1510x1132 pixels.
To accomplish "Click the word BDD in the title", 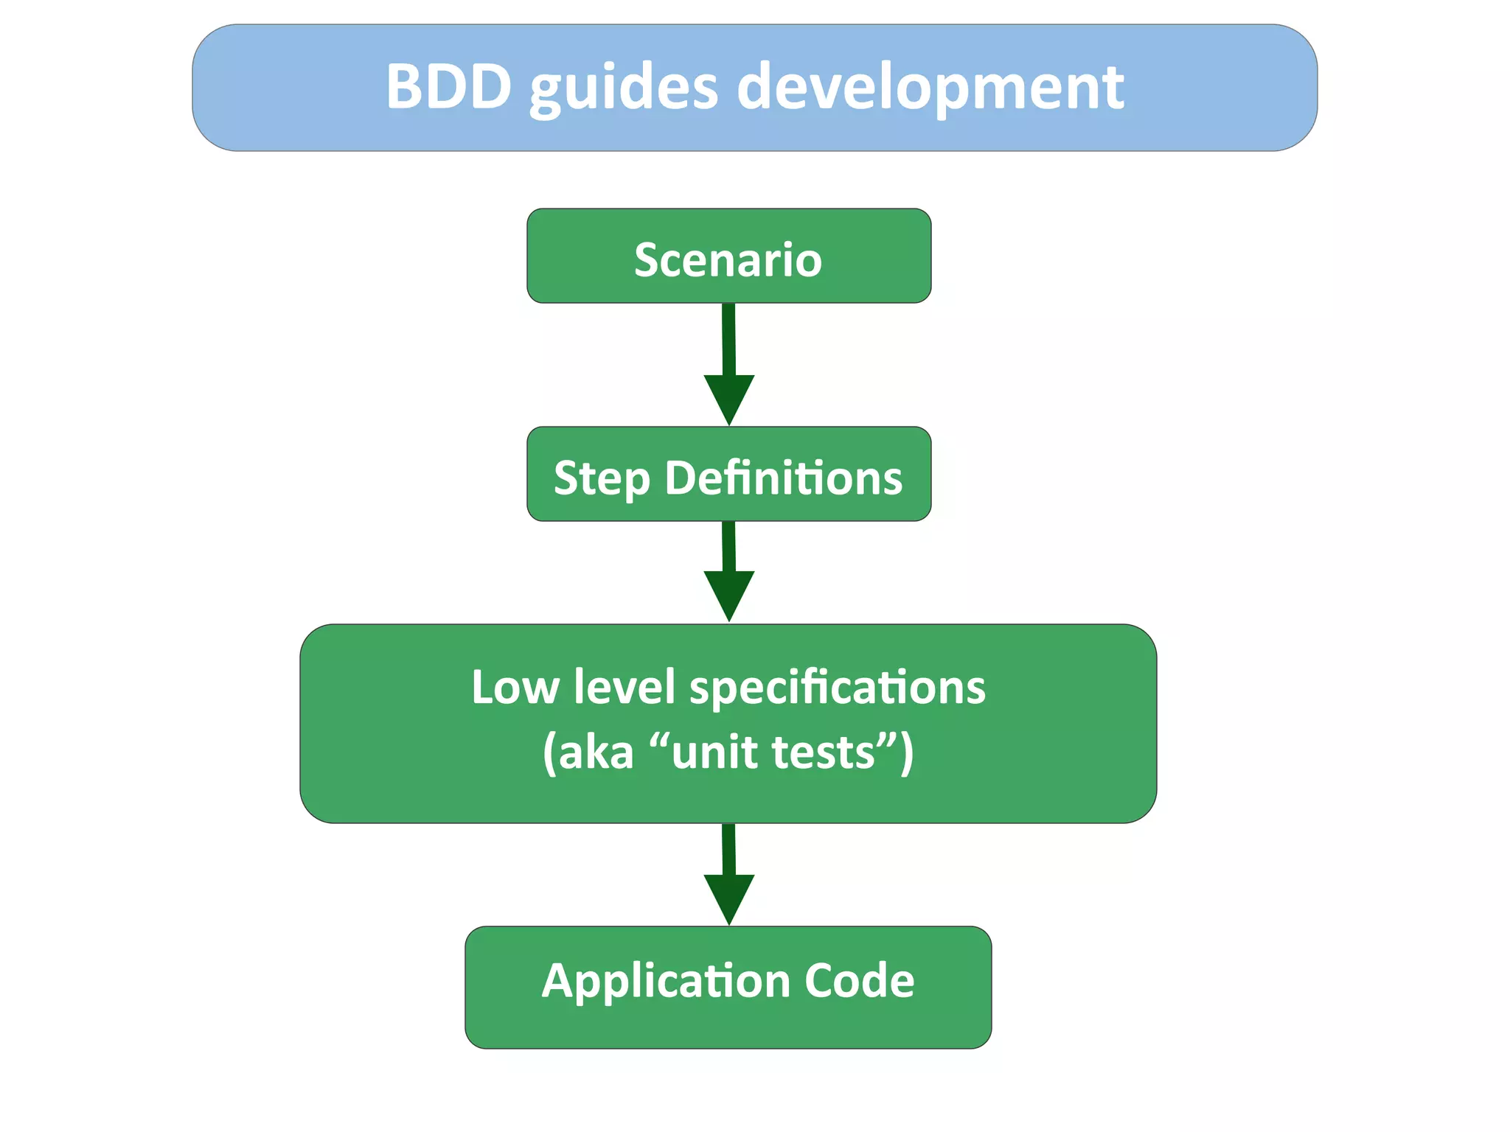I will click(x=448, y=87).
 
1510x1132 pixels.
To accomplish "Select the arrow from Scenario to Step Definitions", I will click(x=728, y=354).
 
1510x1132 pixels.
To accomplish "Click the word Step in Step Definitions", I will click(x=601, y=479).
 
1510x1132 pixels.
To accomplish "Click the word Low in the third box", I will click(x=515, y=688).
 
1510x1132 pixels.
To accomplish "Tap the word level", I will click(x=624, y=688).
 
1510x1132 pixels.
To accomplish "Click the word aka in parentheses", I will click(x=596, y=753).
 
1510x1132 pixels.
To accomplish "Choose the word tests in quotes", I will click(x=823, y=753).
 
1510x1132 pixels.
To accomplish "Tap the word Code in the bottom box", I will click(x=859, y=981).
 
